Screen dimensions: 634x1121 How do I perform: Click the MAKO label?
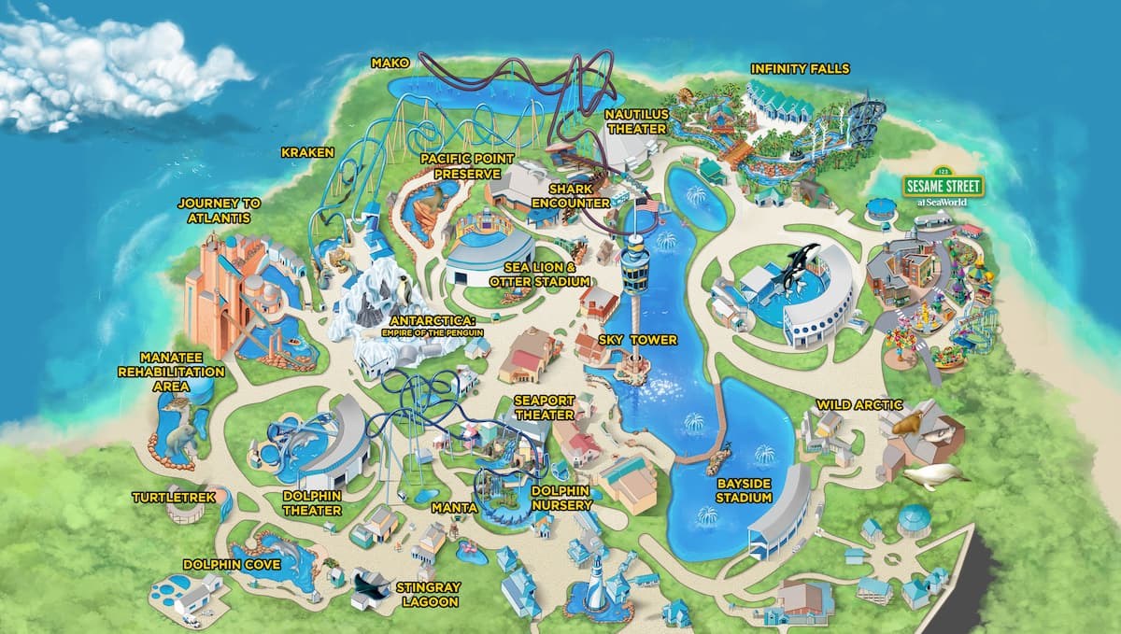pos(390,63)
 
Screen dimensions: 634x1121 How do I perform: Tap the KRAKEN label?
pos(307,151)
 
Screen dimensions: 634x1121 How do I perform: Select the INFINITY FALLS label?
pos(800,69)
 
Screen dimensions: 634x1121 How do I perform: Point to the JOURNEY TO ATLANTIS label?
pos(220,210)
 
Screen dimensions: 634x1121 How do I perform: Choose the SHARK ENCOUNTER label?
pos(571,195)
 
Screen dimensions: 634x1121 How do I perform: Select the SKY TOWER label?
pos(640,340)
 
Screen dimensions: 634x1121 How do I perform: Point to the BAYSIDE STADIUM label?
pos(745,490)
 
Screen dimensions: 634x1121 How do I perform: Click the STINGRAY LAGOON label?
pos(427,595)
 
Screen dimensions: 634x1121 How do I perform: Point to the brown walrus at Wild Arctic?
pos(913,425)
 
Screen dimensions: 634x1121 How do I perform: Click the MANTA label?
pos(455,508)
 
